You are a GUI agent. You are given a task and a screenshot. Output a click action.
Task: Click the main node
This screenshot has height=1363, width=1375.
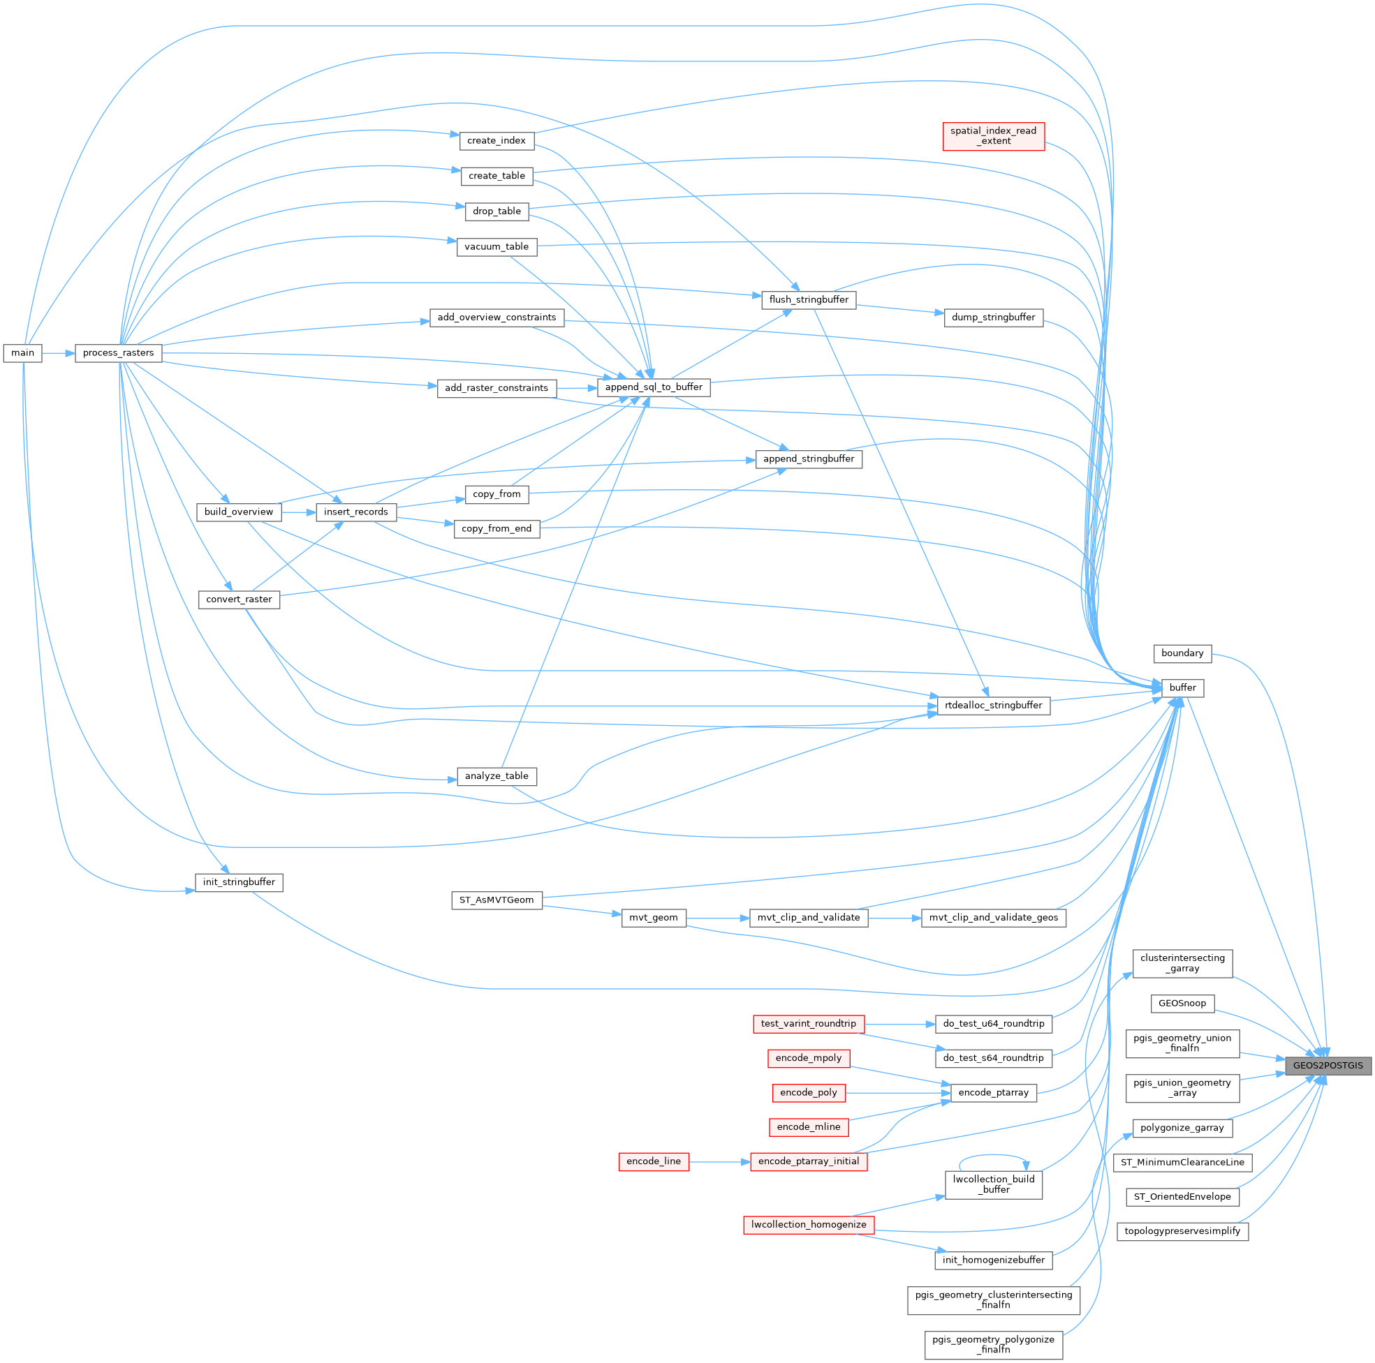click(23, 353)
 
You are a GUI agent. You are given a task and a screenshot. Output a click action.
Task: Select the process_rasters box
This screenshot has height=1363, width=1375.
click(118, 353)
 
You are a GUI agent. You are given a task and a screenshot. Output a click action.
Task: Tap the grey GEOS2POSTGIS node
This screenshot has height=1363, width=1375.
click(1328, 1065)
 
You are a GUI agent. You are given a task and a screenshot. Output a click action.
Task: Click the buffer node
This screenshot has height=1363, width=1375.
click(1182, 687)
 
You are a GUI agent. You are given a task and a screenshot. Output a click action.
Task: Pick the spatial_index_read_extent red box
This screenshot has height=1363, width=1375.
click(993, 136)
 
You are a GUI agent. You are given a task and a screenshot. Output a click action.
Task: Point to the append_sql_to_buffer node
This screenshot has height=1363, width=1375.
click(654, 387)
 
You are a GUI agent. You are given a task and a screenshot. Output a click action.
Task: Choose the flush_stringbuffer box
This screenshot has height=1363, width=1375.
click(809, 299)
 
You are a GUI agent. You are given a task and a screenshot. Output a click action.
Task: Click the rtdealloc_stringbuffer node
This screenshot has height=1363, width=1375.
click(993, 705)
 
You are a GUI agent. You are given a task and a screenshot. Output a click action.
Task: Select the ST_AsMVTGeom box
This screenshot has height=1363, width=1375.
click(496, 900)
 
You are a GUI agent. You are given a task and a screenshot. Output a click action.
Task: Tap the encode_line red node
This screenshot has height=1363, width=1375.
click(654, 1161)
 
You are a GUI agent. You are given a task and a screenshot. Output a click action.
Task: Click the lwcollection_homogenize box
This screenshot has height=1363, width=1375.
click(809, 1224)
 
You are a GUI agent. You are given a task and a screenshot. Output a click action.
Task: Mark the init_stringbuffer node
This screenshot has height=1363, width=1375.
click(238, 882)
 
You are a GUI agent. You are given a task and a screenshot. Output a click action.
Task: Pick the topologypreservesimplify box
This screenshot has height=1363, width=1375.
click(1182, 1230)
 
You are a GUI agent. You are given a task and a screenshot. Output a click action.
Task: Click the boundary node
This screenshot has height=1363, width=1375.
click(1182, 653)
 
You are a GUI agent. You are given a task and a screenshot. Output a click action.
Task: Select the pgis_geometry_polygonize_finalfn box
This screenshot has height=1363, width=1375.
click(993, 1343)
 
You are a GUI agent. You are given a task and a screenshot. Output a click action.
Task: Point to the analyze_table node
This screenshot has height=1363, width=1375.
click(496, 775)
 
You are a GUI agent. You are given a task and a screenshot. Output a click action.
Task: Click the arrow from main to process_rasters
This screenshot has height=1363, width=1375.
click(59, 353)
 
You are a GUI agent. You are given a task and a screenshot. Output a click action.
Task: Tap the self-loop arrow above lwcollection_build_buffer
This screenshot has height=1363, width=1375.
click(993, 1156)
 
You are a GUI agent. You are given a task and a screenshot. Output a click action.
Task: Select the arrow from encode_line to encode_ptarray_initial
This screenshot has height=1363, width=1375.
click(719, 1162)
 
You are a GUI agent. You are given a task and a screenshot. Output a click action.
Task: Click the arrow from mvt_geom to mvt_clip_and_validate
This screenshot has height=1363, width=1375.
click(717, 918)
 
